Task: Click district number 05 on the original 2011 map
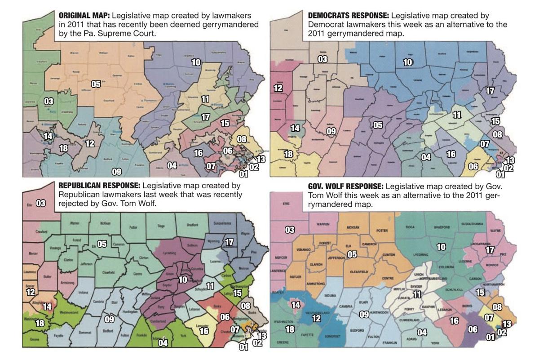coord(96,84)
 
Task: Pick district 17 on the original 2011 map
coord(206,117)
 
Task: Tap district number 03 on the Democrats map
coord(323,59)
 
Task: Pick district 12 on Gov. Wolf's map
coord(317,318)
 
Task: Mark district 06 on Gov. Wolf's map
coord(473,329)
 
